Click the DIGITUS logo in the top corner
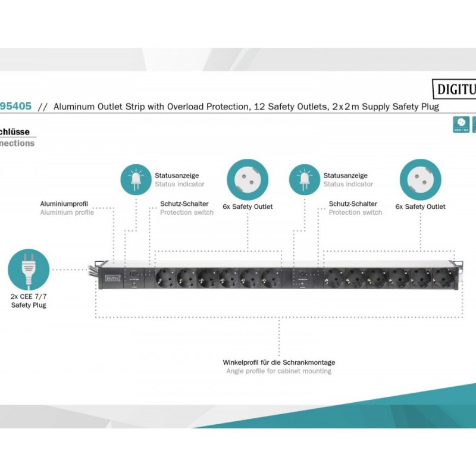tap(453, 89)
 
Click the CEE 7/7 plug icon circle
tap(29, 270)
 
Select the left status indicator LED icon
tap(136, 178)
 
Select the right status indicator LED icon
tap(304, 178)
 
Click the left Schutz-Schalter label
tap(184, 203)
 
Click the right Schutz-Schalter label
tap(353, 203)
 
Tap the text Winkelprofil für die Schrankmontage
tap(279, 362)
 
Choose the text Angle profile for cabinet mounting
tap(279, 371)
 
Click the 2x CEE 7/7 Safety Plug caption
tap(29, 300)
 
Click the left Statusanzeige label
tap(177, 176)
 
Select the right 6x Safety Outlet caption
tap(420, 206)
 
